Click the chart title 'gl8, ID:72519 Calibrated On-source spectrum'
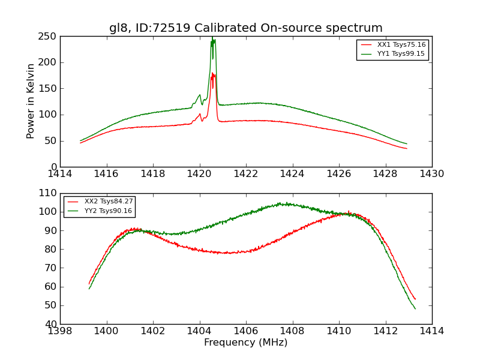pyautogui.click(x=245, y=28)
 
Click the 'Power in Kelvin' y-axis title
pyautogui.click(x=31, y=101)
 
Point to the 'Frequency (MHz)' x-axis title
pyautogui.click(x=245, y=343)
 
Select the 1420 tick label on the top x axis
pyautogui.click(x=199, y=174)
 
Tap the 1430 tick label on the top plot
pyautogui.click(x=431, y=174)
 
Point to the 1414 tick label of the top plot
pyautogui.click(x=61, y=174)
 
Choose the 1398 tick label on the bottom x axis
pyautogui.click(x=61, y=331)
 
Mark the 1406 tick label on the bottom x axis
pyautogui.click(x=245, y=331)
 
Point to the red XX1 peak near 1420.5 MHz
pyautogui.click(x=212, y=74)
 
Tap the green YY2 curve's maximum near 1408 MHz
pyautogui.click(x=287, y=204)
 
